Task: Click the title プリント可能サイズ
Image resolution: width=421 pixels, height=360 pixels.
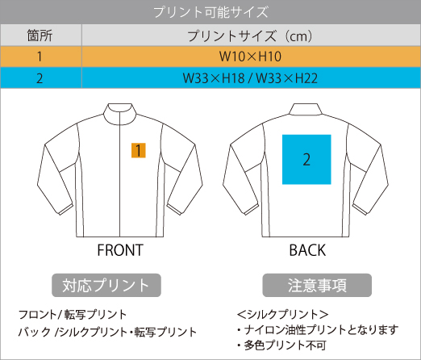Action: [210, 12]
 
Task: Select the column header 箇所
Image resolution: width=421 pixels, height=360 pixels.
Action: [40, 36]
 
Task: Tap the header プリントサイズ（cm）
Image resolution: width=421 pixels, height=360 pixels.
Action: [250, 36]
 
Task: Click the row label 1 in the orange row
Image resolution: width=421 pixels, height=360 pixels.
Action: [40, 57]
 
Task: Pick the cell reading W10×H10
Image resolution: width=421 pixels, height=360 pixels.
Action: [250, 57]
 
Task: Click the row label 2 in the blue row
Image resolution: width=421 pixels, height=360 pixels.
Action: [40, 78]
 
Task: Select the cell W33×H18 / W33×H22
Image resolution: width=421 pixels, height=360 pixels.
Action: [250, 78]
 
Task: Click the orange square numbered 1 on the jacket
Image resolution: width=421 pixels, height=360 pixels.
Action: [139, 150]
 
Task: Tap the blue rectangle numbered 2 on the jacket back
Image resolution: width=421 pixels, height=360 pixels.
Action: [306, 159]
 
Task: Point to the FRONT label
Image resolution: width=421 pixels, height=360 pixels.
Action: [120, 250]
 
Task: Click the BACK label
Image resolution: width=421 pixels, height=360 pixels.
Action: [307, 250]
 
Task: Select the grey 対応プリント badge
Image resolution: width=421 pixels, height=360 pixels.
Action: [106, 285]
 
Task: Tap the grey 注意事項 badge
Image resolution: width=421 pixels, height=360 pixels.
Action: [317, 285]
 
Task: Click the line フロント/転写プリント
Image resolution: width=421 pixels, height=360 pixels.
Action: [73, 315]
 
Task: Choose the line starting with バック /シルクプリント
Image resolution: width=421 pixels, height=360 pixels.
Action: [107, 332]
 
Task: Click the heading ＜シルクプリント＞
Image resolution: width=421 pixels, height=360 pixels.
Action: [282, 314]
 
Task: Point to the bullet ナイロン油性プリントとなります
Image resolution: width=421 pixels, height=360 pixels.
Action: [318, 330]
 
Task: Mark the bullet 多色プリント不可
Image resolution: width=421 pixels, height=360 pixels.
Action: [281, 345]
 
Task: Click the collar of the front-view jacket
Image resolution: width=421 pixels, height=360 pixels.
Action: [119, 114]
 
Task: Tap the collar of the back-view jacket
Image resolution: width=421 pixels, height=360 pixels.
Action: [306, 109]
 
